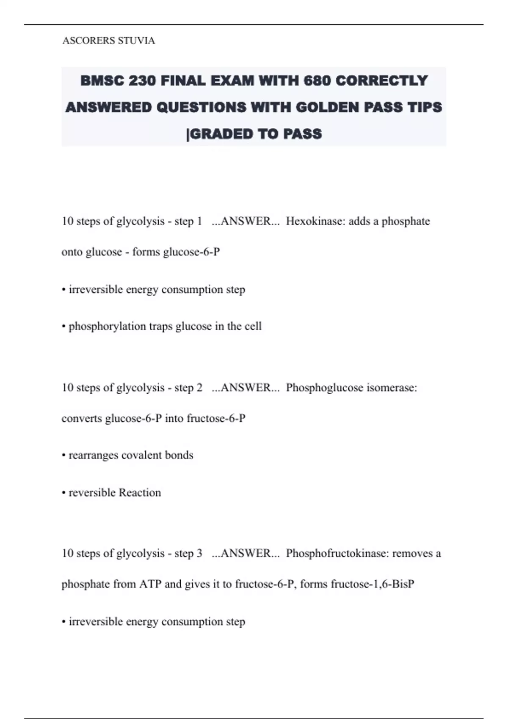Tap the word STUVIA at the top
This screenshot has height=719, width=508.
[x=136, y=41]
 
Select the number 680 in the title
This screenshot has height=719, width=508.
[x=317, y=80]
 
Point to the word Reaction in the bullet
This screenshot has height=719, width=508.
[x=140, y=493]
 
